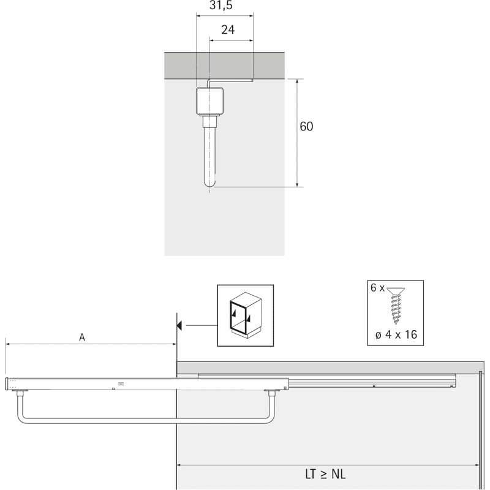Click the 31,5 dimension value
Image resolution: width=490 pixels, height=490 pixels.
point(221,6)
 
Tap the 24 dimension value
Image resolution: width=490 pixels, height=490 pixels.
point(228,29)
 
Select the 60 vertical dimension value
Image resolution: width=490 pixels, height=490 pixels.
point(306,126)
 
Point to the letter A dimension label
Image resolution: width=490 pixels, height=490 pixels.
point(82,337)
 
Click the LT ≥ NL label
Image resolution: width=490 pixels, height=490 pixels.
point(325,474)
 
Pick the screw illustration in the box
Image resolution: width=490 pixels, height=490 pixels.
point(396,305)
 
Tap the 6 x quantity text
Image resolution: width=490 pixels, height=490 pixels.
point(377,287)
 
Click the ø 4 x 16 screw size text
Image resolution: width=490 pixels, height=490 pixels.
point(396,334)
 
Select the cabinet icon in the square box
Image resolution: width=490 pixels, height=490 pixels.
point(246,315)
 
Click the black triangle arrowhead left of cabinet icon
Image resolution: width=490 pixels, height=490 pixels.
point(179,325)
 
